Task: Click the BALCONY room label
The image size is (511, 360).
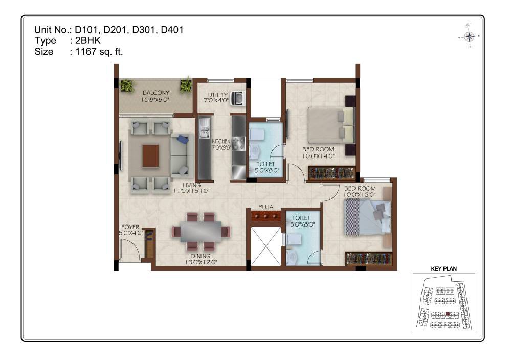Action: click(x=156, y=93)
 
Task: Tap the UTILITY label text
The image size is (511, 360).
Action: click(x=217, y=95)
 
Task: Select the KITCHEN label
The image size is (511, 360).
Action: click(x=221, y=142)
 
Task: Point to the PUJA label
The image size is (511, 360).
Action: click(x=265, y=207)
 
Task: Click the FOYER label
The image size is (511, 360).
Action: click(x=130, y=227)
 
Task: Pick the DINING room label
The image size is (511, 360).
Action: click(x=201, y=256)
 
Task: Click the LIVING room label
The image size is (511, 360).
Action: click(x=191, y=185)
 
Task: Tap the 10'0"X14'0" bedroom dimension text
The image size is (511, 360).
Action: click(x=318, y=156)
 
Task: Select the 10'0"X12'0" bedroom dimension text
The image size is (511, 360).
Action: click(x=360, y=195)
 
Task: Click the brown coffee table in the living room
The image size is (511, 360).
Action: click(x=150, y=156)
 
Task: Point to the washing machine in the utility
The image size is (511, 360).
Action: click(x=237, y=98)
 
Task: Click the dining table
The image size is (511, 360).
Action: click(x=201, y=231)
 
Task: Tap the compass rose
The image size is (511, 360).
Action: click(x=469, y=36)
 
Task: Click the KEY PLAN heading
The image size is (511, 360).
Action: click(x=443, y=269)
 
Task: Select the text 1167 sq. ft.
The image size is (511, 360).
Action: click(x=99, y=52)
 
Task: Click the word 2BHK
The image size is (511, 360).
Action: click(x=88, y=41)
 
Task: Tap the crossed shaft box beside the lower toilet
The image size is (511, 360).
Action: click(x=265, y=246)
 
